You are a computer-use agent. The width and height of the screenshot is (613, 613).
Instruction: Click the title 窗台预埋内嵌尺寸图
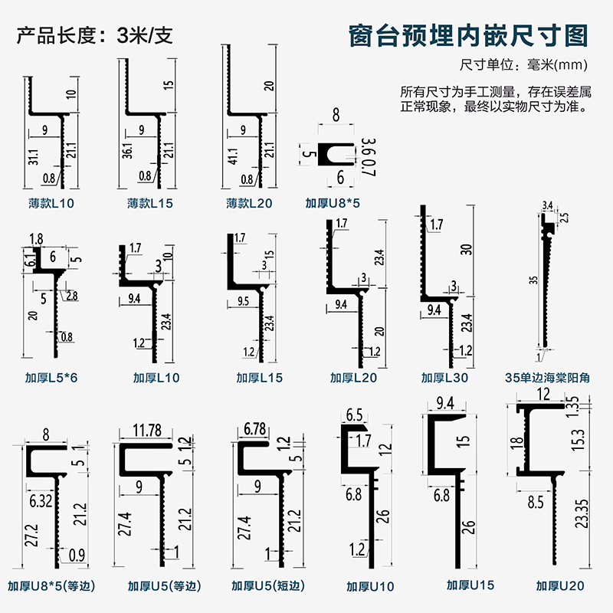(467, 36)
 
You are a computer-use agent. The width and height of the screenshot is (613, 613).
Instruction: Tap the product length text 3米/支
(145, 36)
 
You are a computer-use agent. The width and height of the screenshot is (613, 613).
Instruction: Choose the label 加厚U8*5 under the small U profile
(332, 204)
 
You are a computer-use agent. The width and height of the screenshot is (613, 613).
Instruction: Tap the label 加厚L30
(444, 377)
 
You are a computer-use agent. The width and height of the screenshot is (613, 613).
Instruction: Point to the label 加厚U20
(560, 587)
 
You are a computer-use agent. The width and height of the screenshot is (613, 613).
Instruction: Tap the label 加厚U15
(470, 585)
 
